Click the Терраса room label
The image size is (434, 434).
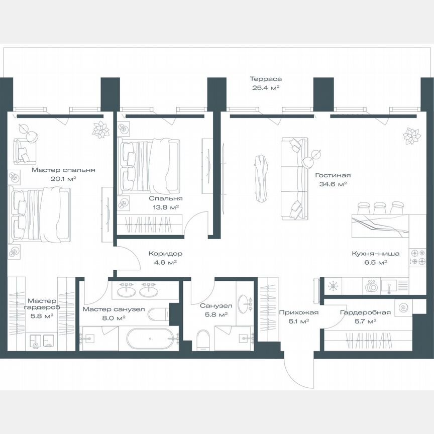pos(265,79)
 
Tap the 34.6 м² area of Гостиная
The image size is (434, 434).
pos(333,184)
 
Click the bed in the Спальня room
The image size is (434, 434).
pos(150,166)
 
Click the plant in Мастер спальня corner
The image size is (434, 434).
pos(101,129)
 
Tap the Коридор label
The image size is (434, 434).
pos(165,254)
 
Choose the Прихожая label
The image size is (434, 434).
pos(294,312)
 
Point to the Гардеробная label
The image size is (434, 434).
pos(358,312)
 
